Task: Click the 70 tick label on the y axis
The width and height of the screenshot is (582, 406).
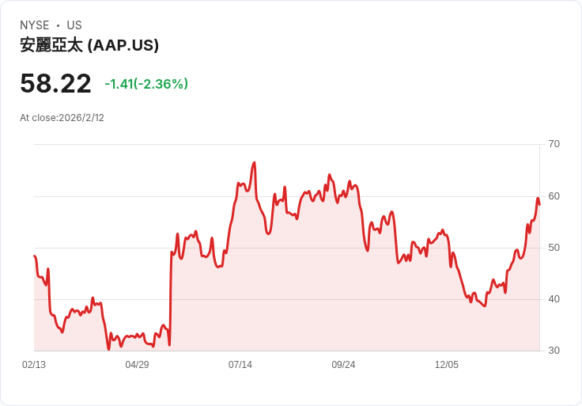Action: (x=554, y=144)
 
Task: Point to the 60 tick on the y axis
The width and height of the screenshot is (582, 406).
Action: (x=554, y=195)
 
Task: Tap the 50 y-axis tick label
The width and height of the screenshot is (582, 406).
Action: (x=554, y=248)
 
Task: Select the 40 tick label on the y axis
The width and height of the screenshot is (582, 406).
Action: (x=554, y=299)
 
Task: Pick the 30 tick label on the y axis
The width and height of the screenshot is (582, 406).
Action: (x=554, y=351)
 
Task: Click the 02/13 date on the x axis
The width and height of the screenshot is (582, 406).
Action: (x=34, y=365)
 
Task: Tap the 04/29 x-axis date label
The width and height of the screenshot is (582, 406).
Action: (x=137, y=365)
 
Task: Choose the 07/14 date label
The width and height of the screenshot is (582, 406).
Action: (x=240, y=365)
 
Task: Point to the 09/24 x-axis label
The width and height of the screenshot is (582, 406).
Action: (x=343, y=365)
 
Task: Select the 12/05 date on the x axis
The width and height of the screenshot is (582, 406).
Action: (x=447, y=365)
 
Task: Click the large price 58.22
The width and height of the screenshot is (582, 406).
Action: (x=55, y=84)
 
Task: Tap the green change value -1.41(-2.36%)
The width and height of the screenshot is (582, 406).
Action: (x=146, y=84)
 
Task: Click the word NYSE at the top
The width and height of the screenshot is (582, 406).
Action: (x=35, y=25)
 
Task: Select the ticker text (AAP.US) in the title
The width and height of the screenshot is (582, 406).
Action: (x=123, y=45)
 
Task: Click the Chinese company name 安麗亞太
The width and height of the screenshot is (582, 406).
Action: (x=51, y=45)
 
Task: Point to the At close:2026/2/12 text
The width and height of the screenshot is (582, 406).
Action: (x=62, y=118)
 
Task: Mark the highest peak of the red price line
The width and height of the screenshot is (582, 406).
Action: (x=254, y=162)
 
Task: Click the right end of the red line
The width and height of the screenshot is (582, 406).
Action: (x=539, y=205)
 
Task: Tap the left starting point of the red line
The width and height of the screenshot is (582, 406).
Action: (x=35, y=256)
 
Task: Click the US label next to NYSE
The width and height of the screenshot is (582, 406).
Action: (x=74, y=25)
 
